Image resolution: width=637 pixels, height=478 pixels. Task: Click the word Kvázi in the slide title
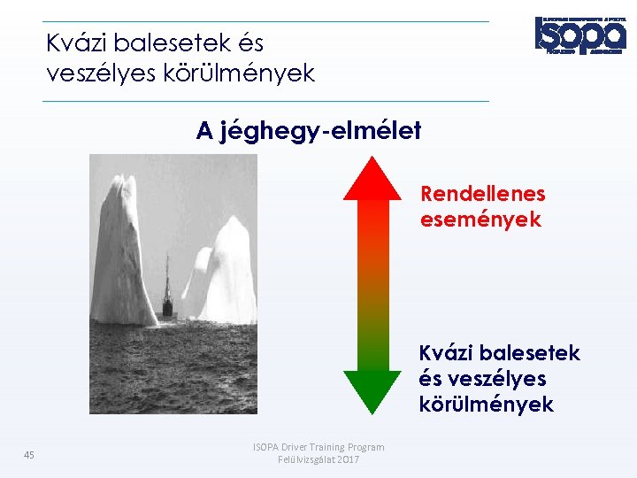[75, 43]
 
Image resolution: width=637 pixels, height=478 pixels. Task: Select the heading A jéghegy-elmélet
[309, 131]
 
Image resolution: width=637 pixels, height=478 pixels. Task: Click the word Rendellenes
[482, 194]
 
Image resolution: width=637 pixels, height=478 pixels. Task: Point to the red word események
[480, 220]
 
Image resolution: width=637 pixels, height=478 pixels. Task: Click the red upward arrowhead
[372, 178]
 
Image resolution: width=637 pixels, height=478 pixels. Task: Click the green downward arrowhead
[372, 389]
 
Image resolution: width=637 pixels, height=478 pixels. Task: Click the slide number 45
[29, 455]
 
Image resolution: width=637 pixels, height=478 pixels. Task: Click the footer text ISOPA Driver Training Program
[318, 447]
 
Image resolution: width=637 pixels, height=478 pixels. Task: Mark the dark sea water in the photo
[173, 372]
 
